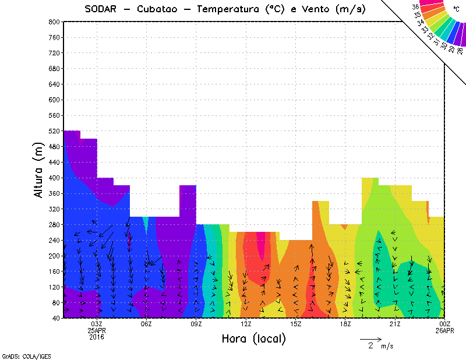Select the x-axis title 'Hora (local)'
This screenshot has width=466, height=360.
253,338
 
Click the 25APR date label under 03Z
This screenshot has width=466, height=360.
97,331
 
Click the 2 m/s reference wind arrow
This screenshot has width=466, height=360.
370,338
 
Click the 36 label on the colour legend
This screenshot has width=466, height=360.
415,7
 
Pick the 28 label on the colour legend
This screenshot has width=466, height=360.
460,51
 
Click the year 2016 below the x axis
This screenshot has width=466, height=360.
97,337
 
